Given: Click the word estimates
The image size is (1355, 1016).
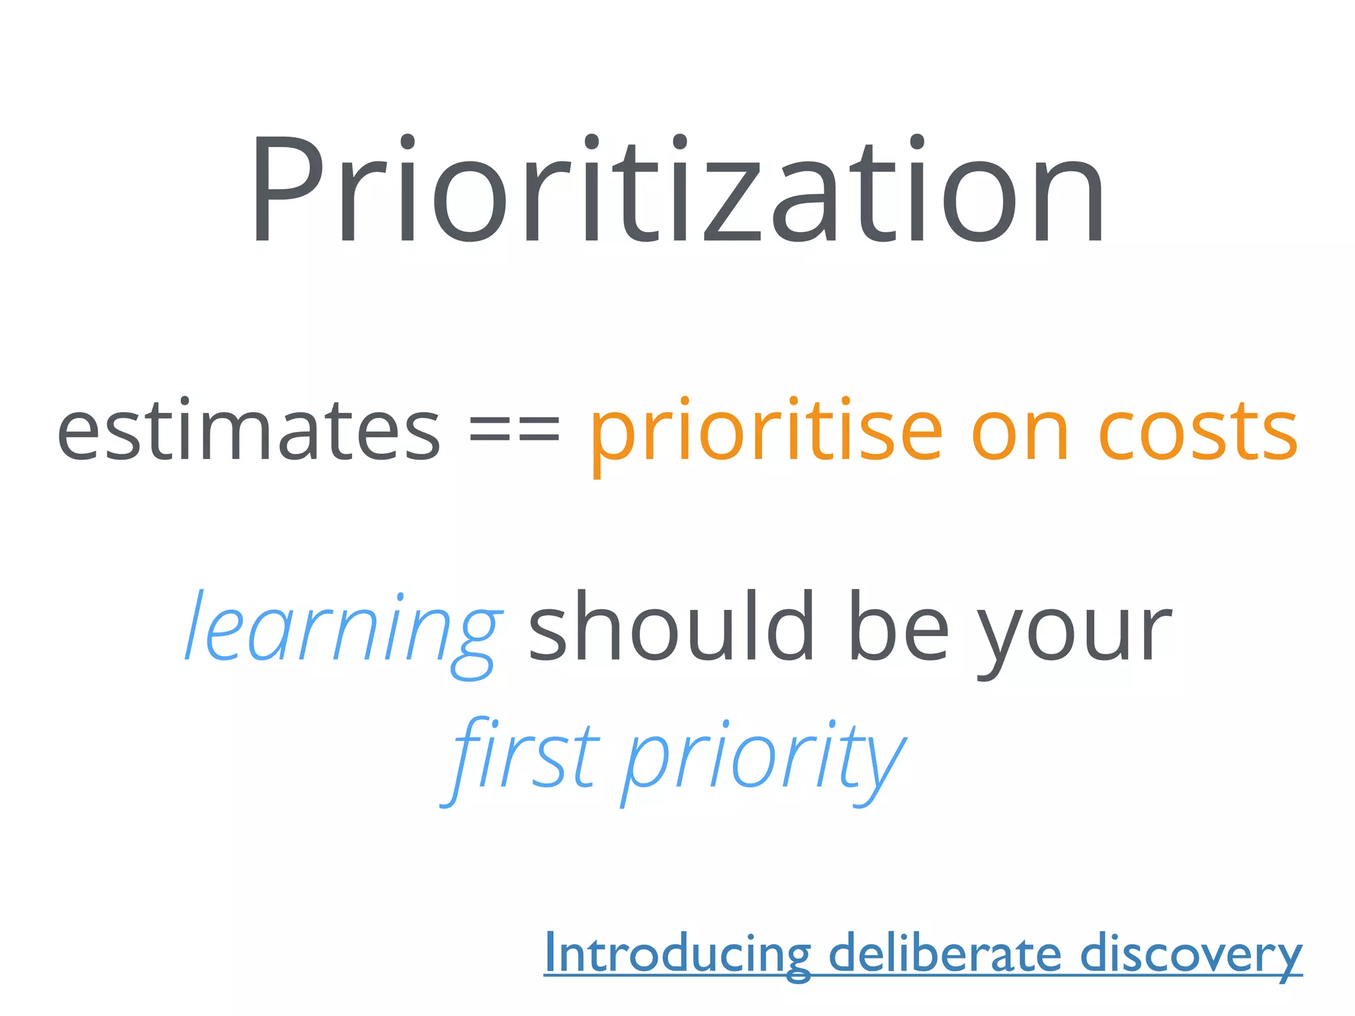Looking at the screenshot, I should click(x=249, y=431).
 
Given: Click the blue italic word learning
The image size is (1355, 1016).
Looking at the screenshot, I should click(x=342, y=628).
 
